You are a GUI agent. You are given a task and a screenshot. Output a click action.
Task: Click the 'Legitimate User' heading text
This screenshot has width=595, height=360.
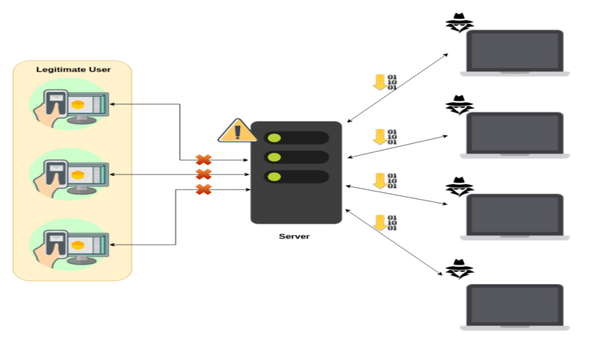(74, 69)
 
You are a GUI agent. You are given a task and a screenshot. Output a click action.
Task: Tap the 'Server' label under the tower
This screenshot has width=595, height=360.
(294, 236)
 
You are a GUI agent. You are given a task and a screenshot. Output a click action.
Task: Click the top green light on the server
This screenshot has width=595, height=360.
(274, 138)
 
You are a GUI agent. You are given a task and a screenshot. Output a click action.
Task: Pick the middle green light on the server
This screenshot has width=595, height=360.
(274, 157)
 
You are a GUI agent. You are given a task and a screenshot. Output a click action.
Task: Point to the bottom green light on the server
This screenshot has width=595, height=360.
(274, 177)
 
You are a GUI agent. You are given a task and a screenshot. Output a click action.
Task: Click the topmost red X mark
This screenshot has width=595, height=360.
(203, 160)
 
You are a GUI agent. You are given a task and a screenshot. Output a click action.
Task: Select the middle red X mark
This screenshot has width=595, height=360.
(203, 175)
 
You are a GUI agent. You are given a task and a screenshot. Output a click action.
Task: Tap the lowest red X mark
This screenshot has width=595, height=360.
(203, 189)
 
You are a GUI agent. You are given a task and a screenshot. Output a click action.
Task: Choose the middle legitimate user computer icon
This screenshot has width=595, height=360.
(72, 174)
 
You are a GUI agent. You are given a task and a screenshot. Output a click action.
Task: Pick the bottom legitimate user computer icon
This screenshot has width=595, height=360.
(72, 244)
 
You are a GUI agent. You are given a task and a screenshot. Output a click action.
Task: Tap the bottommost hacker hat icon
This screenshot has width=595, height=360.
(459, 268)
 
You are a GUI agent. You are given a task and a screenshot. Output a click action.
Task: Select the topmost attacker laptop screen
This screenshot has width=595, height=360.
(515, 51)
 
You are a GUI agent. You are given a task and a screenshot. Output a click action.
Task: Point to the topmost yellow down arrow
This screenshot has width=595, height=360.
(379, 82)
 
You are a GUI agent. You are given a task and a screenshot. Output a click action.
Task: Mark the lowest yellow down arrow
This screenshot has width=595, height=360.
(379, 222)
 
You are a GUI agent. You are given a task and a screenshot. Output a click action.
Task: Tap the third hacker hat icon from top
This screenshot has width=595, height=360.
(459, 187)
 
